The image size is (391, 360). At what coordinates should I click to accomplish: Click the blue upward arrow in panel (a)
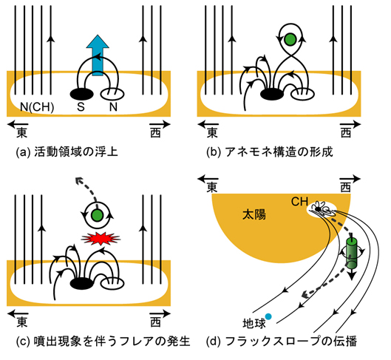tap(98, 56)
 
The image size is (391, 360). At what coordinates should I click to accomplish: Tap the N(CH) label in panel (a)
tap(37, 107)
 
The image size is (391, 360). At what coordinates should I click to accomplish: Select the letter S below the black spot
tap(81, 107)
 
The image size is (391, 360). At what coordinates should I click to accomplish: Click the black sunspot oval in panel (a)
tap(82, 94)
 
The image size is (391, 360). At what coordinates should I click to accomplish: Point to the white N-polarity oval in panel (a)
tap(112, 94)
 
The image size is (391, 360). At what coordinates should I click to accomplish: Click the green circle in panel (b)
tap(290, 39)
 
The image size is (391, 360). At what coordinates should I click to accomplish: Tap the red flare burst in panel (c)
tap(101, 239)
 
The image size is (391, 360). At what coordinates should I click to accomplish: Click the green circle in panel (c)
tap(97, 215)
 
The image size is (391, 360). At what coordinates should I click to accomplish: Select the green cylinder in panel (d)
tap(352, 253)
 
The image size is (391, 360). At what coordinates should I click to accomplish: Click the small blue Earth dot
tap(268, 316)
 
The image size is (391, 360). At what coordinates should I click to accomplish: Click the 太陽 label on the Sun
tap(254, 214)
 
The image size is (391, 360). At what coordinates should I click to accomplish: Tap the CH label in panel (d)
tap(299, 202)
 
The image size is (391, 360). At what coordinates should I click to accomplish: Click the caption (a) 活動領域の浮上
tap(67, 152)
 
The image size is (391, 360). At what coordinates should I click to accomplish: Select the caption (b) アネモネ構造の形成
tap(270, 152)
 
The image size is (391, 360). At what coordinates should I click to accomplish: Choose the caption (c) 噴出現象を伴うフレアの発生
tap(103, 342)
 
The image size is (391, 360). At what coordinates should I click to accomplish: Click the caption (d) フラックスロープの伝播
tap(282, 342)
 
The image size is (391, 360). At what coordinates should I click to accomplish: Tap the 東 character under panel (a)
tap(22, 132)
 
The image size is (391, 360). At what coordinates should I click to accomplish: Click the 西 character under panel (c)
tap(156, 322)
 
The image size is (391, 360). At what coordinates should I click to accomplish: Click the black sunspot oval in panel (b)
tap(272, 94)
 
